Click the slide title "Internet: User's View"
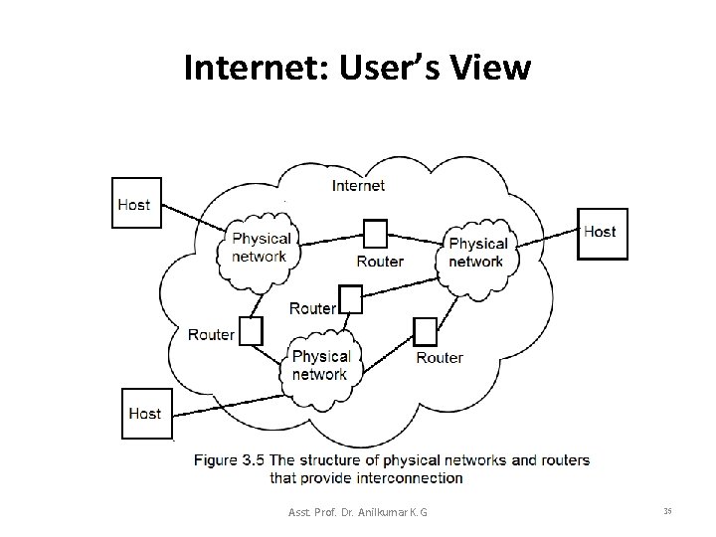click(357, 68)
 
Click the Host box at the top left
click(133, 203)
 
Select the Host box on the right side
click(602, 233)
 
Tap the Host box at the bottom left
click(146, 413)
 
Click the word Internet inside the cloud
click(358, 185)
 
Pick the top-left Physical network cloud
click(260, 246)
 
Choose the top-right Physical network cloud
click(477, 253)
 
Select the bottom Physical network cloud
click(320, 365)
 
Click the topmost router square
click(376, 234)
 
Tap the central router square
click(352, 298)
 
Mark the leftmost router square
click(252, 330)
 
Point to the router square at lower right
click(426, 331)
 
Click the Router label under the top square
click(380, 262)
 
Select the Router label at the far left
click(211, 334)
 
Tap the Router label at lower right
click(440, 357)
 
